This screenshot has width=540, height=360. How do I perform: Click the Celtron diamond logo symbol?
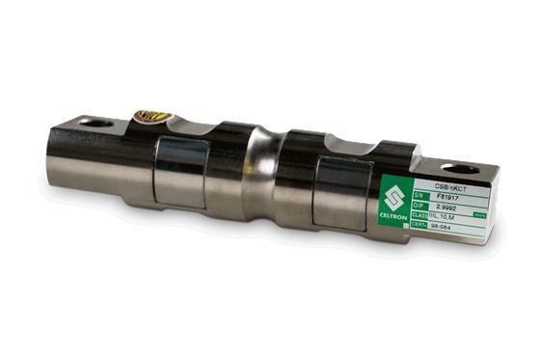click(393, 199)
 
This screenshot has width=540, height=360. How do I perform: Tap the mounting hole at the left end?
click(96, 123)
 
